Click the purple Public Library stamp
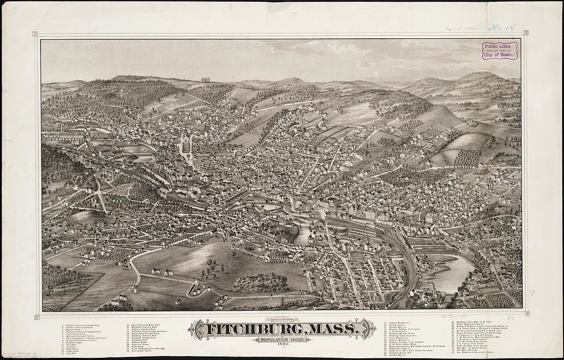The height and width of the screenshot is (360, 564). click(499, 51)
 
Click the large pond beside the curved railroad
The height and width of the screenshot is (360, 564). click(449, 274)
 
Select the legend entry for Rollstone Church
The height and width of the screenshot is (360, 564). click(82, 325)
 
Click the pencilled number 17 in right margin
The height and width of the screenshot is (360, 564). click(532, 292)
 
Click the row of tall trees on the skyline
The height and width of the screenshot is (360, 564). click(206, 80)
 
